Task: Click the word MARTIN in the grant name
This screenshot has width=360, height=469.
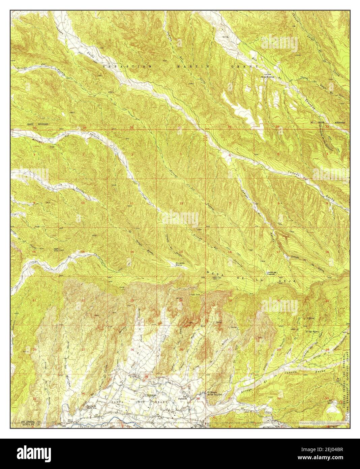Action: tap(196, 67)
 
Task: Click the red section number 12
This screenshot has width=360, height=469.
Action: tap(181, 203)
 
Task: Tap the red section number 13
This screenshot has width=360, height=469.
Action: tap(181, 252)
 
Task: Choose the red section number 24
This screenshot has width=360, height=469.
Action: tap(181, 300)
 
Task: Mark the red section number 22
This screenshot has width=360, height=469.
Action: tap(83, 300)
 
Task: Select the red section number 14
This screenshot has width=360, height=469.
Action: tap(132, 252)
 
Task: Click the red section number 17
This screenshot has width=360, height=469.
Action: tap(278, 252)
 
